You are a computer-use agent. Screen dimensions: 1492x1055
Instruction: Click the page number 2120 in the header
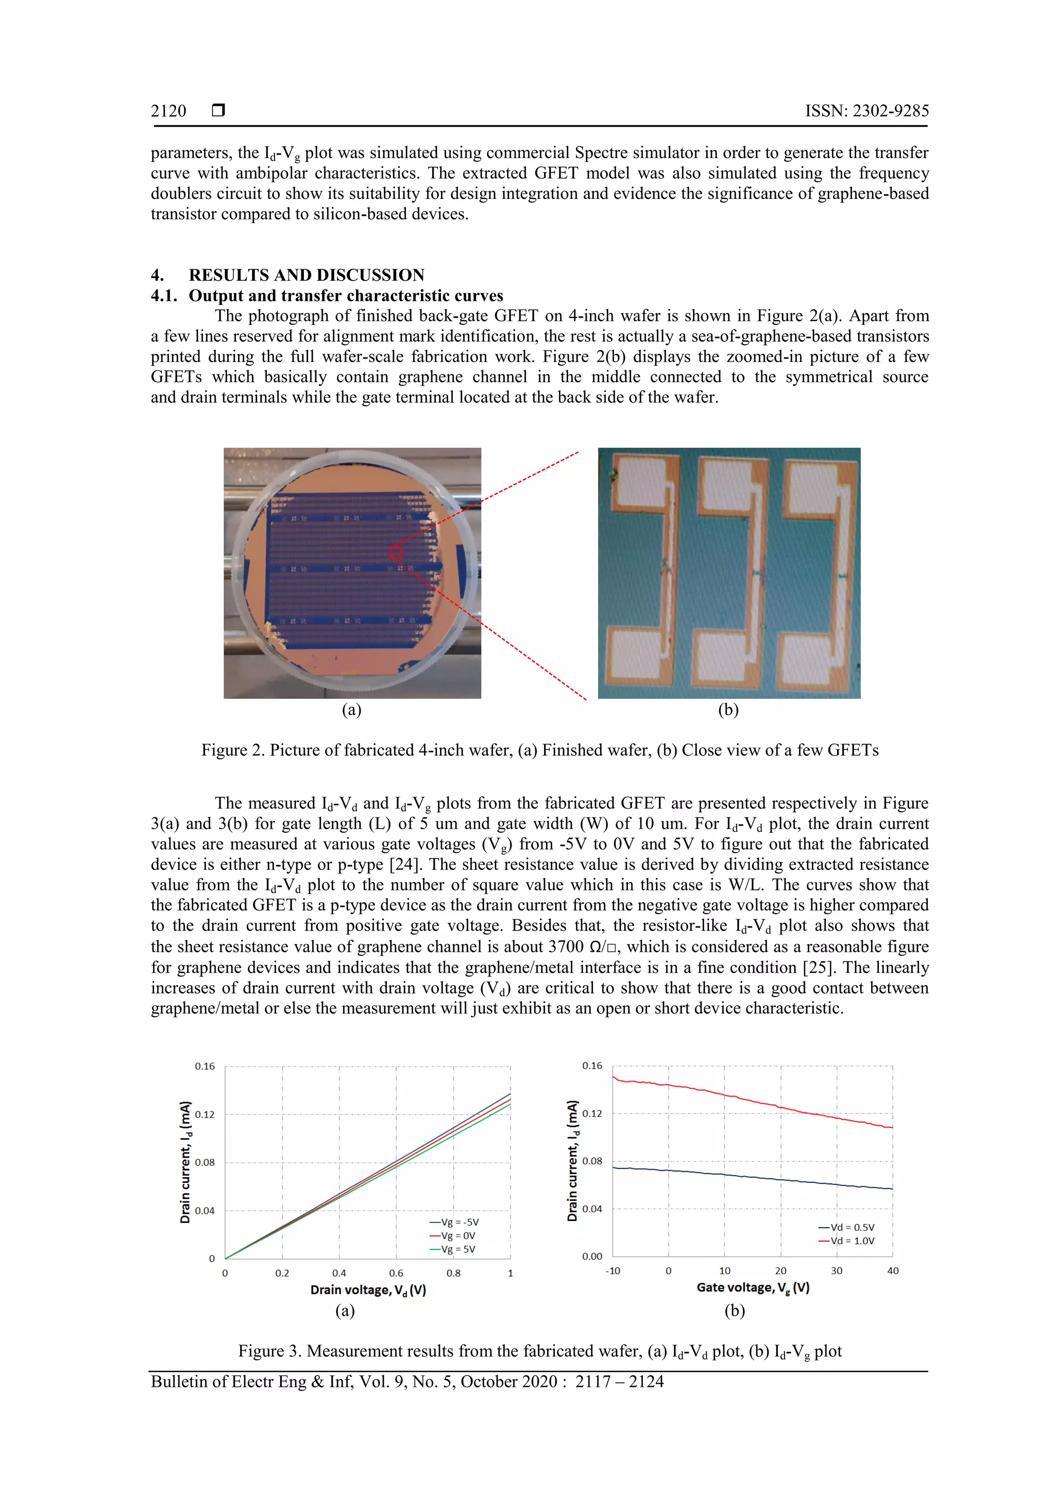pyautogui.click(x=168, y=111)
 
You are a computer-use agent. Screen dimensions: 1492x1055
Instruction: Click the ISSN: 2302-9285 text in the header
pyautogui.click(x=866, y=111)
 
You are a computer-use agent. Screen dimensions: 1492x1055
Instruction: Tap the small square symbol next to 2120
pyautogui.click(x=218, y=110)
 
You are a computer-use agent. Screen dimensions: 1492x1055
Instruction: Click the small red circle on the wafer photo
pyautogui.click(x=396, y=552)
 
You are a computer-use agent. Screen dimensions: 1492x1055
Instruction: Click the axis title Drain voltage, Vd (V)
pyautogui.click(x=368, y=1290)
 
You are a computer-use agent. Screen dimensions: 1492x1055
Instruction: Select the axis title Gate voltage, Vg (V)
pyautogui.click(x=753, y=1288)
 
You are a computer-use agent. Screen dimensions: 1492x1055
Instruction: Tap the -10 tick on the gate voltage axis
pyautogui.click(x=612, y=1271)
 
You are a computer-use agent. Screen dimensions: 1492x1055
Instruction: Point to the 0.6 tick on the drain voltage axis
pyautogui.click(x=396, y=1274)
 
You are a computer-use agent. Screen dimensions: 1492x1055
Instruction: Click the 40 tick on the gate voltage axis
pyautogui.click(x=893, y=1271)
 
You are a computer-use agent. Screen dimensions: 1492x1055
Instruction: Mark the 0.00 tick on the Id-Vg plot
pyautogui.click(x=592, y=1257)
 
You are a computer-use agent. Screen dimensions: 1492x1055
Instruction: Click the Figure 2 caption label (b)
pyautogui.click(x=728, y=710)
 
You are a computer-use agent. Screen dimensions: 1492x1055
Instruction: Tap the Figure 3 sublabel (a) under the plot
pyautogui.click(x=345, y=1311)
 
